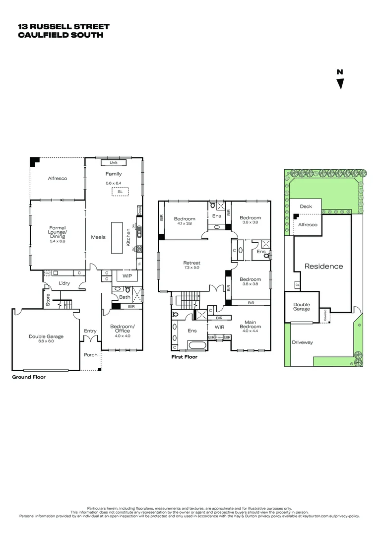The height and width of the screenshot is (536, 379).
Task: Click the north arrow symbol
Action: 340,84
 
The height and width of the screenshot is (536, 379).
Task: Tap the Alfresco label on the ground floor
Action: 57,179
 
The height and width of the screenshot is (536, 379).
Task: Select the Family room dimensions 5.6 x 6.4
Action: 113,183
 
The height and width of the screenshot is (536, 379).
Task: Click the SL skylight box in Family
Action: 120,192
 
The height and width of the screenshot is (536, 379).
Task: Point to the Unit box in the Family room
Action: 114,163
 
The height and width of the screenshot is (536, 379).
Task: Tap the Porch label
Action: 91,355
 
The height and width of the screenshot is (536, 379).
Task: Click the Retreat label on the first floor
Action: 191,263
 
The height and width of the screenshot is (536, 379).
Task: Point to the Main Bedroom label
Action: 251,325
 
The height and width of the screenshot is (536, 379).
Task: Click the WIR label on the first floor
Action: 220,328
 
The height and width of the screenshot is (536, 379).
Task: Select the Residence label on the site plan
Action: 323,266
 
